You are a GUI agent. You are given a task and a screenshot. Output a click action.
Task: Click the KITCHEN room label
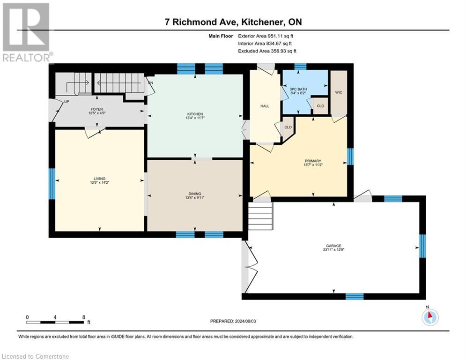(x=195, y=114)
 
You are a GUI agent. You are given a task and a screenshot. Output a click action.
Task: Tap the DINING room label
(x=195, y=193)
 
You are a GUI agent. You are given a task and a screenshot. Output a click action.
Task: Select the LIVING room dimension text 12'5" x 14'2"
(x=99, y=183)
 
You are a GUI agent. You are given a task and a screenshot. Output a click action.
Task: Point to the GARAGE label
(x=333, y=245)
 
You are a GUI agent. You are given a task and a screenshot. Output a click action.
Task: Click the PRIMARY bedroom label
(x=313, y=160)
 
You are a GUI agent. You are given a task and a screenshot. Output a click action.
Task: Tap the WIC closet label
(x=339, y=92)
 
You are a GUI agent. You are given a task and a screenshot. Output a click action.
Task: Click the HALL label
(x=265, y=106)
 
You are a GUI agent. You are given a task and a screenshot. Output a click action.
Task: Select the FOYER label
(x=97, y=109)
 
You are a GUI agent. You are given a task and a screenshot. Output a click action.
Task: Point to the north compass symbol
(x=429, y=317)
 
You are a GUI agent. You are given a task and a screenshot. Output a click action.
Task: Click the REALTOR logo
(x=26, y=32)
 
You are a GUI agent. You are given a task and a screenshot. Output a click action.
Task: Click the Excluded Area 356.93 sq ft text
(x=267, y=51)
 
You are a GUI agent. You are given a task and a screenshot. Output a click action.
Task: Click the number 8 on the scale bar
(x=83, y=317)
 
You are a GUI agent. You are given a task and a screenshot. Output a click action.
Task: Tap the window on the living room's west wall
(x=52, y=184)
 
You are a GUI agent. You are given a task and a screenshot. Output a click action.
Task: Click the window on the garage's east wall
(x=422, y=246)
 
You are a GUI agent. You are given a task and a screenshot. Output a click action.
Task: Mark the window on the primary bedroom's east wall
(x=349, y=157)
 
